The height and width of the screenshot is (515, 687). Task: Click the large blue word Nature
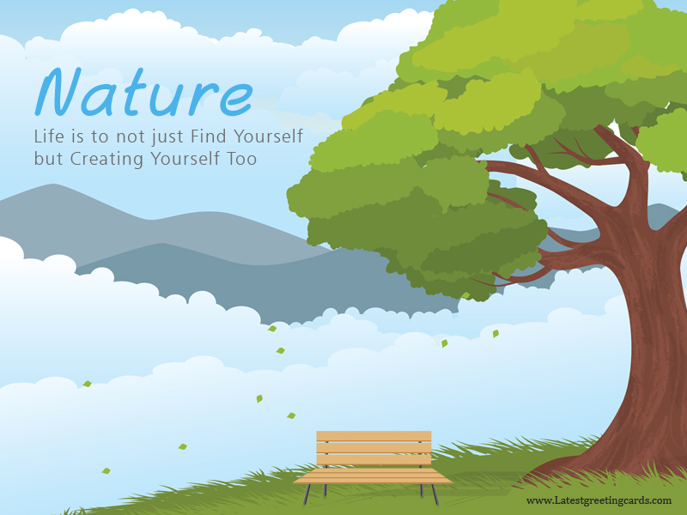coord(144,93)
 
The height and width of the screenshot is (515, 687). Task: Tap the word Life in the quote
coord(49,136)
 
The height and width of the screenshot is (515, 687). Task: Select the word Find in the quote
coord(208,136)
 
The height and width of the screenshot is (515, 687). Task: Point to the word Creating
coord(106,159)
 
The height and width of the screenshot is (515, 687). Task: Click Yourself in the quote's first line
coord(268,136)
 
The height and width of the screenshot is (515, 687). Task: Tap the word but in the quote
coord(48,158)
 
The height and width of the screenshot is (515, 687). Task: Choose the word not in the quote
coord(130,137)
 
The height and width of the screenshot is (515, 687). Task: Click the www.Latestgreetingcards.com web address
coord(599,501)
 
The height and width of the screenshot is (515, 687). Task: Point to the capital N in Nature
coord(58,92)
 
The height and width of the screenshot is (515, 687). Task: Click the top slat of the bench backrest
coord(374,436)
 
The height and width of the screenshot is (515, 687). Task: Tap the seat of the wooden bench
coord(373,476)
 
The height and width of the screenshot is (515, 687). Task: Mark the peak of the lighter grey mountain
coord(53,185)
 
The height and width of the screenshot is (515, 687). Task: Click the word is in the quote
coord(77,136)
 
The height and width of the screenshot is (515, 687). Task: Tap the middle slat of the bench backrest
coord(374,448)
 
